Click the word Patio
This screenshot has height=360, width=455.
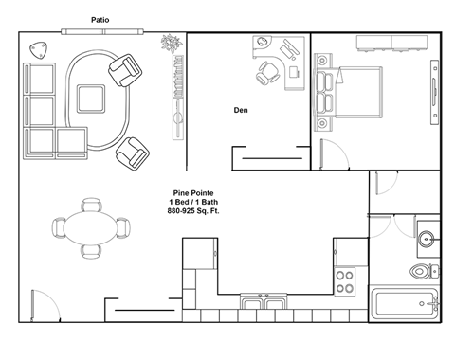point(99,19)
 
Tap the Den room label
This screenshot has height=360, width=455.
point(242,110)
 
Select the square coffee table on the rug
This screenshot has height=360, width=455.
point(92,98)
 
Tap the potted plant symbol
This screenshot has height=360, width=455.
point(171,44)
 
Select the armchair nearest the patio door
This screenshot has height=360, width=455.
point(123,69)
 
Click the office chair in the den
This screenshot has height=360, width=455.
point(269,73)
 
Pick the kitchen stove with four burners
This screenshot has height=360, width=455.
point(344,281)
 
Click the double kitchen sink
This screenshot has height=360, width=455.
point(262,305)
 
